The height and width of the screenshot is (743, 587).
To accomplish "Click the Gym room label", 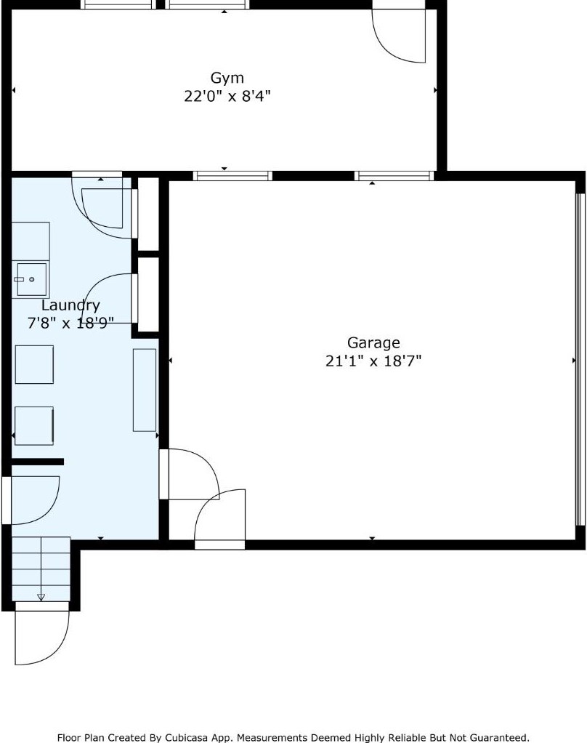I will tap(227, 78).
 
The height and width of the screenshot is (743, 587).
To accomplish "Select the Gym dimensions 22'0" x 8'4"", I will tap(227, 96).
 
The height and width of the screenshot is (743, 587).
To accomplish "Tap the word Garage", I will tap(373, 342).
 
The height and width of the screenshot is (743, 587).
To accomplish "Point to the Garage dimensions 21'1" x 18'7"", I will tap(373, 361).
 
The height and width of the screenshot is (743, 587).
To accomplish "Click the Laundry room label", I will tap(70, 305).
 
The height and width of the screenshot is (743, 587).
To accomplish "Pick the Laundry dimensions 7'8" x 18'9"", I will tap(70, 324).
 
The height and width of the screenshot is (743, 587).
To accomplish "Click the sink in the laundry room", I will tap(31, 279).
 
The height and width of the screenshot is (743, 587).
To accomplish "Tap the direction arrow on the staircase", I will tap(41, 597).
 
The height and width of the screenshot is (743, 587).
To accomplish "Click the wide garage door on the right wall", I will tap(579, 360).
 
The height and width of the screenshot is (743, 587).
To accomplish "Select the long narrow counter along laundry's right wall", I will tap(144, 390).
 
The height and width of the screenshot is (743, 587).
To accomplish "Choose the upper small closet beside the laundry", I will tap(148, 214).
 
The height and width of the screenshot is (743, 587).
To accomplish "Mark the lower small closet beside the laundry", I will tap(148, 294).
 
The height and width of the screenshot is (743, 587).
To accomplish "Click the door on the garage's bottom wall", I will tap(220, 520).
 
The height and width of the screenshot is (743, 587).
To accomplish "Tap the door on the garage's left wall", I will tap(187, 474).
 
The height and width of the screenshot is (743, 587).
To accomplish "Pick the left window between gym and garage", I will tap(232, 175).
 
